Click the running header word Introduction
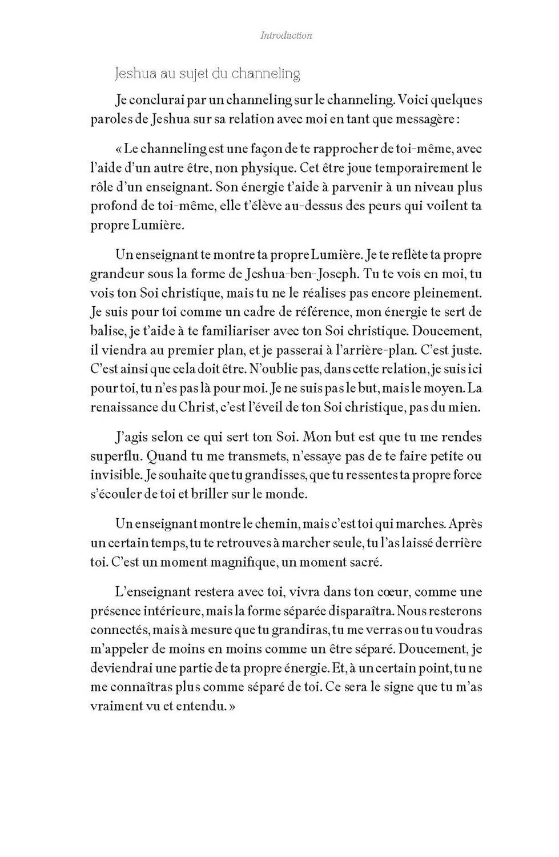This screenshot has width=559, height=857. pyautogui.click(x=286, y=35)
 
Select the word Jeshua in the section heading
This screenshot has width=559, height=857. pyautogui.click(x=132, y=74)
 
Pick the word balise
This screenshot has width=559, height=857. pyautogui.click(x=107, y=331)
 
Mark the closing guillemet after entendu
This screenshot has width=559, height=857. pyautogui.click(x=232, y=706)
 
